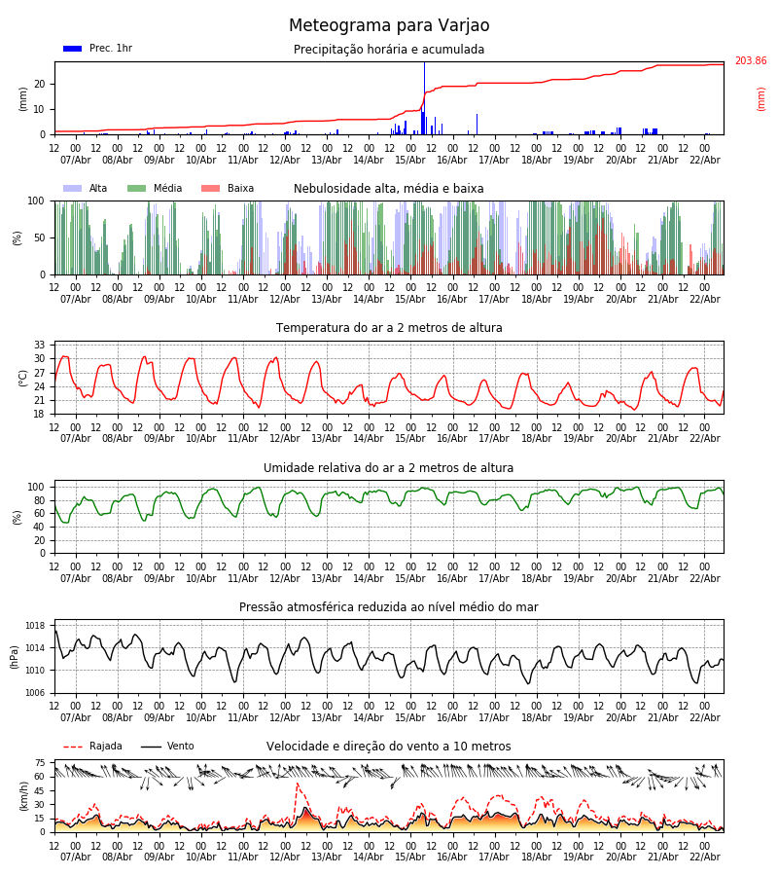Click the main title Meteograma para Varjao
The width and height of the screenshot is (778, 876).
click(389, 26)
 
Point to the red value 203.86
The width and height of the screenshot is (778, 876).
click(750, 61)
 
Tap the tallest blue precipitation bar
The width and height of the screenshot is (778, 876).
click(424, 97)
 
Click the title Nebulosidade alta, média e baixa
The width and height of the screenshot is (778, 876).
click(389, 189)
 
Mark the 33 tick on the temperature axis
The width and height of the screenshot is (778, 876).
click(40, 345)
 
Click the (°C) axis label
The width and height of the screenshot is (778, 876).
click(23, 377)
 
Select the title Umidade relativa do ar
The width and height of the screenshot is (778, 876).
click(389, 468)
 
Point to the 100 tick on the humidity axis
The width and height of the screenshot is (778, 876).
click(36, 487)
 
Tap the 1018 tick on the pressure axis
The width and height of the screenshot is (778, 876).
click(35, 626)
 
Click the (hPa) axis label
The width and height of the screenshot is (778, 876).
click(15, 656)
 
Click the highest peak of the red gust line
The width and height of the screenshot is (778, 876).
click(297, 785)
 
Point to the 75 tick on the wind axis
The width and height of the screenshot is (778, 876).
click(40, 763)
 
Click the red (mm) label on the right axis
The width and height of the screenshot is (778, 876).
click(761, 98)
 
